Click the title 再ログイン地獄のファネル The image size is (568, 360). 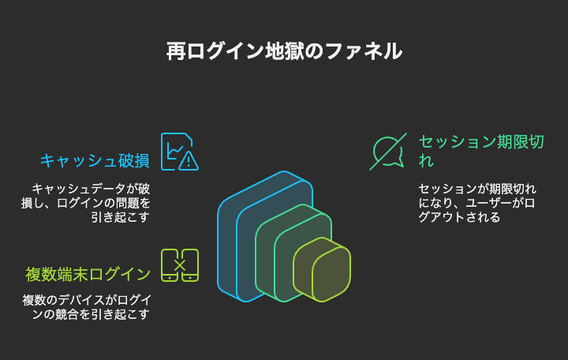pos(284,51)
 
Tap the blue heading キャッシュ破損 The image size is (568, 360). pos(95,160)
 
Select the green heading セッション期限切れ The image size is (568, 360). pos(481,151)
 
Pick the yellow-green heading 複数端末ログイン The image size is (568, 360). pos(88,275)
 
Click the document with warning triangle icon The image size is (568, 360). pos(180,152)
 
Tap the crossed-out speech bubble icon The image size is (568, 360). pos(388,152)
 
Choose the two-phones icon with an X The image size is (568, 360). pos(180,265)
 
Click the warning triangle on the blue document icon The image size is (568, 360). pos(189,161)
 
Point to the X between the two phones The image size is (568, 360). pos(180,265)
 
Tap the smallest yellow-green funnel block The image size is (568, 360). pos(322,270)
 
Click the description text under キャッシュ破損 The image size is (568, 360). pos(85,203)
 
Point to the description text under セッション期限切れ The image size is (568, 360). pos(477,203)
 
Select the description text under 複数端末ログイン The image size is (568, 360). pos(87,307)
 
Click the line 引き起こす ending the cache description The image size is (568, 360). pos(120,217)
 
